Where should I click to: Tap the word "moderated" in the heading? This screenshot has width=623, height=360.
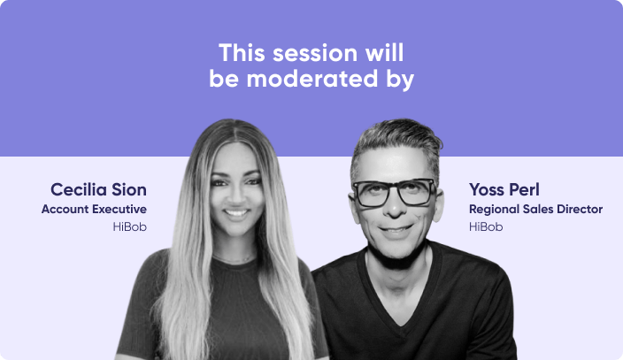click(311, 79)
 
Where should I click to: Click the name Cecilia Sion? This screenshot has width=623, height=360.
click(98, 189)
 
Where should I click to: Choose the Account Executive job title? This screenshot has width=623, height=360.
click(94, 210)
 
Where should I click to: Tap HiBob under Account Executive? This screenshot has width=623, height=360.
click(128, 227)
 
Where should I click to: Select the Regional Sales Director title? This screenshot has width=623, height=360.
click(535, 210)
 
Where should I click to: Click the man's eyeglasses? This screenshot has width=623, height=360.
click(394, 192)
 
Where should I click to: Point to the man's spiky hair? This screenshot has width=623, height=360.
click(396, 142)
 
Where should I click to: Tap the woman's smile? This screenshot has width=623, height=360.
click(236, 213)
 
